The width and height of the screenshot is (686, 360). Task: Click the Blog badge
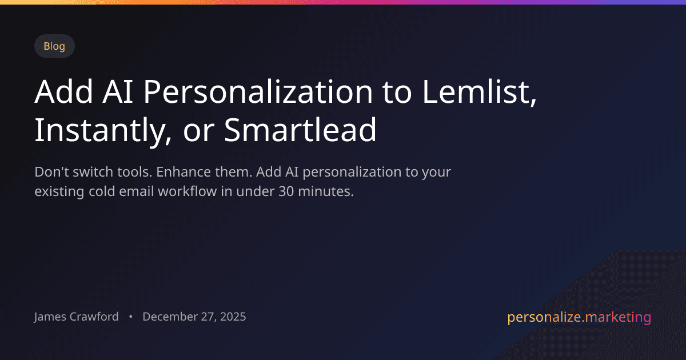54,46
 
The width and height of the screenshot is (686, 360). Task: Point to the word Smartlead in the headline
300,131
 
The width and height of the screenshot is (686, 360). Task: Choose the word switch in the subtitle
93,172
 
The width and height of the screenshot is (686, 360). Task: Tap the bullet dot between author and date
131,317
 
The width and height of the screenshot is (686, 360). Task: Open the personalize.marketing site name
579,317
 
